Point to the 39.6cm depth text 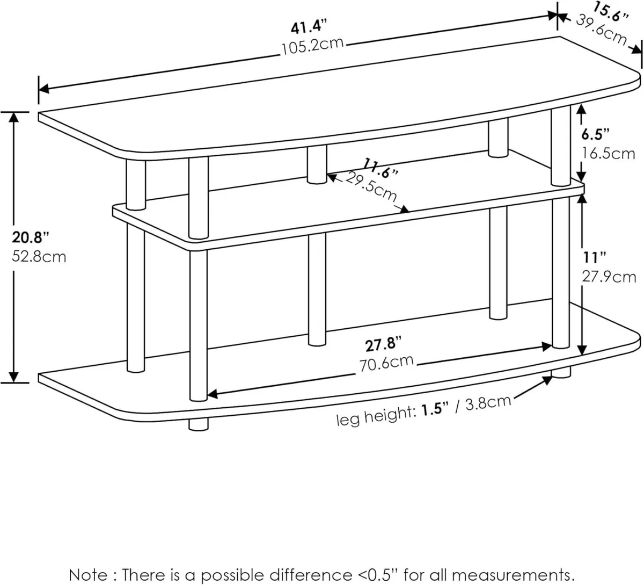[601, 30]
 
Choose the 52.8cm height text [38, 256]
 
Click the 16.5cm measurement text [609, 153]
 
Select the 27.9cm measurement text [609, 277]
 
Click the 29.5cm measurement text [371, 189]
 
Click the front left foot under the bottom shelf [199, 424]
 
